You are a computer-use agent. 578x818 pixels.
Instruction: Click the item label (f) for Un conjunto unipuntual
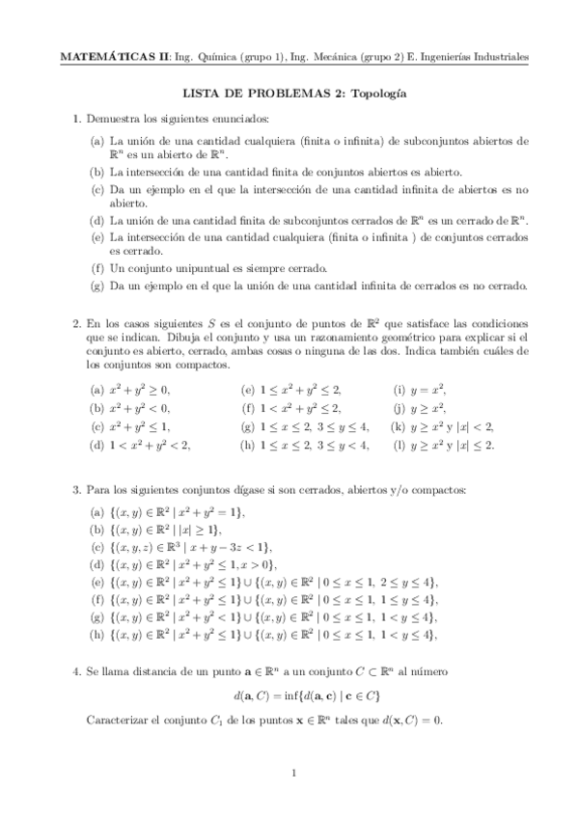tap(97, 267)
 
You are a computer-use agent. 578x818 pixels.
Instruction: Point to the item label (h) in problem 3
tap(97, 636)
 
